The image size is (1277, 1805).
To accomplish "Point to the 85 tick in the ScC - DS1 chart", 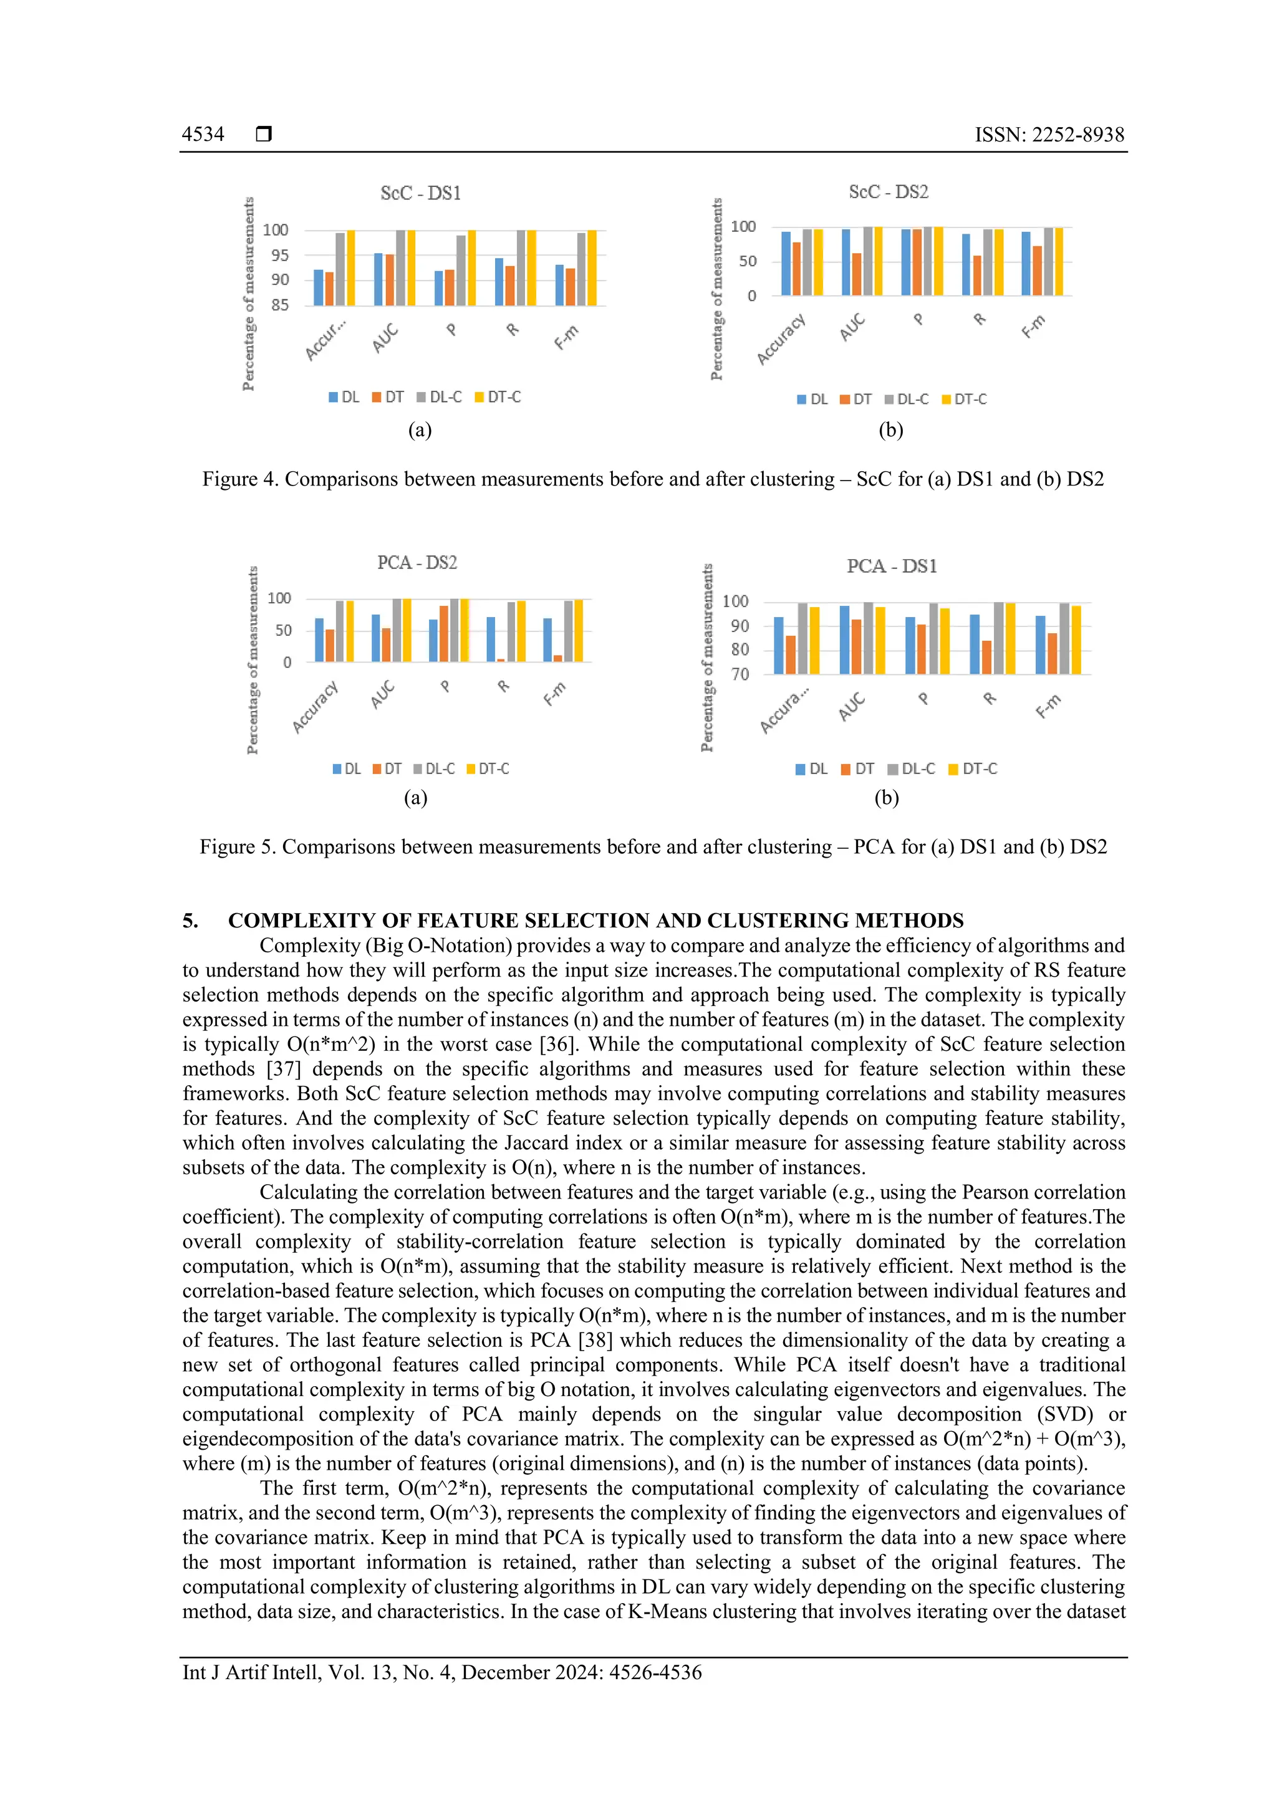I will point(280,305).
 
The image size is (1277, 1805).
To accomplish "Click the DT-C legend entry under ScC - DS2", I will point(964,400).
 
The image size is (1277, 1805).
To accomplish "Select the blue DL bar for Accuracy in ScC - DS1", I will point(319,288).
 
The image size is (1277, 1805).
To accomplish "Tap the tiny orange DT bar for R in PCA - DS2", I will point(501,659).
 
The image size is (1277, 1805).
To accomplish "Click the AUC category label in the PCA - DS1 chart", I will point(852,706).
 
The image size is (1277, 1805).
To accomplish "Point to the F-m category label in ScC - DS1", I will point(566,337).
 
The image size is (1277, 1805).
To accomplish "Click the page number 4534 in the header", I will point(203,135).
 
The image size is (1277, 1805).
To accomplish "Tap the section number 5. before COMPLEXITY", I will point(190,921).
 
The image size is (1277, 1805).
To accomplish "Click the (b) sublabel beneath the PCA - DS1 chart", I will point(886,798).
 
